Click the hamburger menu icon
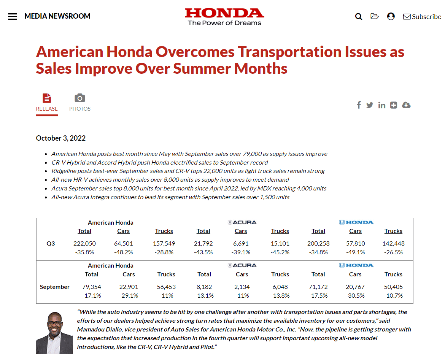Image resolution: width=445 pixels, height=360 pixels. coord(13,16)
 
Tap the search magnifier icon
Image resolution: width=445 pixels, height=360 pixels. coord(359,16)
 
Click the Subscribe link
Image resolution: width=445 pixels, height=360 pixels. coord(422,16)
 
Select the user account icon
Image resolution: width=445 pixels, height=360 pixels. coord(391,16)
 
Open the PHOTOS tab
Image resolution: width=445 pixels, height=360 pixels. coord(80,103)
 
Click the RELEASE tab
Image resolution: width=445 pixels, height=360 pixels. coord(47,103)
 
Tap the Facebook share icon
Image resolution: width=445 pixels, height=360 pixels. coord(359,105)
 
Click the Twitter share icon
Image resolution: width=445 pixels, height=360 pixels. coord(370,105)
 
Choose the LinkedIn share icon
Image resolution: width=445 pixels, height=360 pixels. coord(381,105)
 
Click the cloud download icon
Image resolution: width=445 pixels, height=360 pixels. coord(406,105)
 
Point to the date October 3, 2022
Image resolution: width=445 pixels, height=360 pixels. coord(61,138)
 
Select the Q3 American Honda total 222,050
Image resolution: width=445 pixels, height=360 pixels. coord(84,243)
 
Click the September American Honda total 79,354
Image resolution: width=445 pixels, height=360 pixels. coord(92,287)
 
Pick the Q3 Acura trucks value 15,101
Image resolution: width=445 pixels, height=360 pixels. coord(280,243)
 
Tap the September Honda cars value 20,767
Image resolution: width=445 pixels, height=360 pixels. coord(355,287)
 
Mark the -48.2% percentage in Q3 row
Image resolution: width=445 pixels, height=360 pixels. coord(123,252)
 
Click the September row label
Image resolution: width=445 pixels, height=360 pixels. coord(55,287)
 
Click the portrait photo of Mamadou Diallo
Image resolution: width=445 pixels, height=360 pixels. coord(54,333)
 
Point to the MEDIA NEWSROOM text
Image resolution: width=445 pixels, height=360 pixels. coord(57,16)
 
